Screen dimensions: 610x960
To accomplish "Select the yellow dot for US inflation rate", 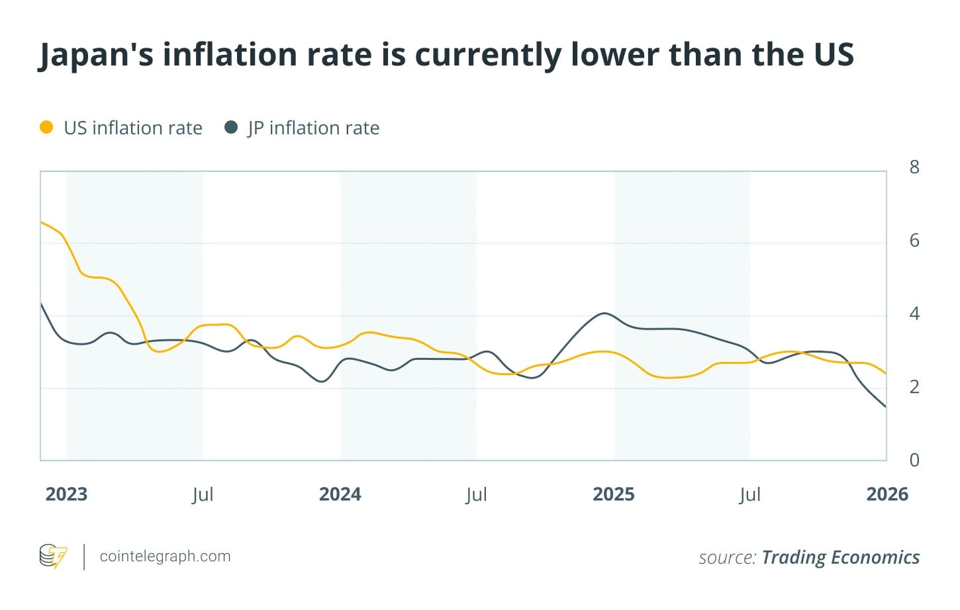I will click(46, 127).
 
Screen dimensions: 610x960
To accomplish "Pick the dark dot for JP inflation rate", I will click(231, 127).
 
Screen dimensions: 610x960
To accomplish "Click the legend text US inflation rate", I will click(133, 128).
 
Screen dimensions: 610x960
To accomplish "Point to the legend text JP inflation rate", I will click(313, 128).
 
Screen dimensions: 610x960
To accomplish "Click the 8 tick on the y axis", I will click(914, 167).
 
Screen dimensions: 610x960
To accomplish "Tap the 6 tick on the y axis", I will click(914, 240).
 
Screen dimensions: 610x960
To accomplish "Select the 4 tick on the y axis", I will click(914, 314).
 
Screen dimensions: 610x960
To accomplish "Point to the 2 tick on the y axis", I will click(914, 386).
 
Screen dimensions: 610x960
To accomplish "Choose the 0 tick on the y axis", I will click(914, 460).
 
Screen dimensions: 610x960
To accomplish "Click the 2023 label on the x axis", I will click(66, 494).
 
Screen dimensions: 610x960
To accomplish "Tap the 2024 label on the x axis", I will click(340, 494).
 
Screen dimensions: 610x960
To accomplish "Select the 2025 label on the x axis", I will click(614, 494).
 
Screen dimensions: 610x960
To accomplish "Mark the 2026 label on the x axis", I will click(887, 494).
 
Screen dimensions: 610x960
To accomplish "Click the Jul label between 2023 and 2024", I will click(203, 495).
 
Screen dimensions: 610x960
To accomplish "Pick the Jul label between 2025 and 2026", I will click(750, 495).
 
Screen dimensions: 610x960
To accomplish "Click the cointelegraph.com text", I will click(165, 556).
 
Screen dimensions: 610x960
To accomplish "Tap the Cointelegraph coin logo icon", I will click(53, 556).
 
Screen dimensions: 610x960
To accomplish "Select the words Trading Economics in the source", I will click(840, 557).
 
